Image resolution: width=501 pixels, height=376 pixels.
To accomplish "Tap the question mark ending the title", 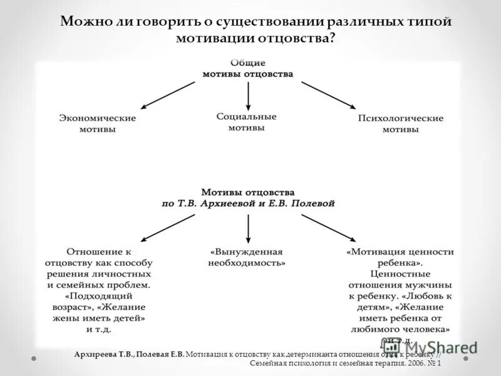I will click(x=331, y=39).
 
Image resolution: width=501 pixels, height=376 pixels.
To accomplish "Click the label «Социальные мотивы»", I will click(x=246, y=122).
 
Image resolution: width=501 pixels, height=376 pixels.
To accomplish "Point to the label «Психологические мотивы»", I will click(x=400, y=123).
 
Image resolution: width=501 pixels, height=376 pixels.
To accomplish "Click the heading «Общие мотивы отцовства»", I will click(x=248, y=68).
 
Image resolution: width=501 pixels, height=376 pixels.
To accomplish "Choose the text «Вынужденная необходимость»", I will click(x=247, y=257).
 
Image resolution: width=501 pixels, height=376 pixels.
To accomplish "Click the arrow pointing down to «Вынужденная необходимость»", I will click(x=249, y=228).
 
